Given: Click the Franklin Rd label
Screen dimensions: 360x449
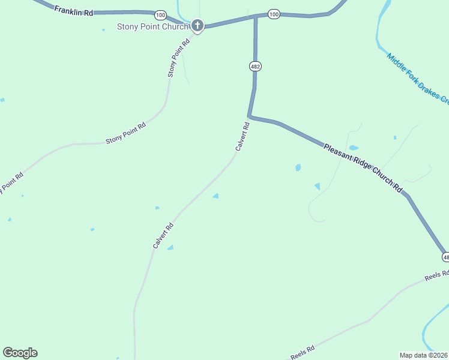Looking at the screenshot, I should [73, 10].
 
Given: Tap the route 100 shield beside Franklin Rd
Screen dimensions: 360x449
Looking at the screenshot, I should [160, 14].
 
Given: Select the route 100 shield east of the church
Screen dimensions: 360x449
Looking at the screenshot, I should [274, 14].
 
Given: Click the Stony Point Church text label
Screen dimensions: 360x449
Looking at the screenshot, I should [153, 26].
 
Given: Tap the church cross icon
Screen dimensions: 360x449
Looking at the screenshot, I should [197, 26].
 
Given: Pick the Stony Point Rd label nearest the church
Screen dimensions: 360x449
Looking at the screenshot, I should [179, 58].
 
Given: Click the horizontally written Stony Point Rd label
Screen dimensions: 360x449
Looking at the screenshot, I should [126, 133].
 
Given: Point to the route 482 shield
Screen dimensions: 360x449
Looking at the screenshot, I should [255, 66].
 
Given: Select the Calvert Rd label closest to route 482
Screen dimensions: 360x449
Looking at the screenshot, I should [242, 137].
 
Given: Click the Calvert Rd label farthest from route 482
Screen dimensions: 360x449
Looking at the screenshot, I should [163, 236].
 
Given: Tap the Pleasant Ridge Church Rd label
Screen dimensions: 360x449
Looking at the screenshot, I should [363, 167].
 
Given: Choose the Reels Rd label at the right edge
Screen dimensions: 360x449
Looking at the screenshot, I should [436, 275].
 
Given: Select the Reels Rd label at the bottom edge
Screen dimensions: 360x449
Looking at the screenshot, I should [303, 352].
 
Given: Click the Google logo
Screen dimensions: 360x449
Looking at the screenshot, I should [20, 353].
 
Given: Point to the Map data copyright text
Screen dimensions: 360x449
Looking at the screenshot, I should [424, 355].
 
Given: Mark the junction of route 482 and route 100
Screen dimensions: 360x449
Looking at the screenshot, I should [255, 16].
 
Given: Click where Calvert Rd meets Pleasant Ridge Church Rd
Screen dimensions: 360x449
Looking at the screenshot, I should [249, 116].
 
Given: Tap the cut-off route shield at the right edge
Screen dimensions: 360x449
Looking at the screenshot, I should [445, 257].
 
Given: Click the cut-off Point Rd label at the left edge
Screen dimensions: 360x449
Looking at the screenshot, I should [11, 184].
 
